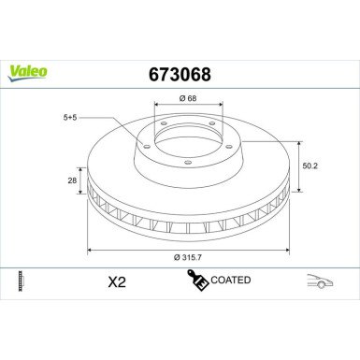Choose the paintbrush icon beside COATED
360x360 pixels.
click(x=198, y=280)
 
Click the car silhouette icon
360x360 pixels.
click(x=320, y=280)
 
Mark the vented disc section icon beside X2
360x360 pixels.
click(x=21, y=280)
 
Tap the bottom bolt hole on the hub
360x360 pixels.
click(x=187, y=166)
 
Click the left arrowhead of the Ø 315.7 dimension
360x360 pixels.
click(x=91, y=250)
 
